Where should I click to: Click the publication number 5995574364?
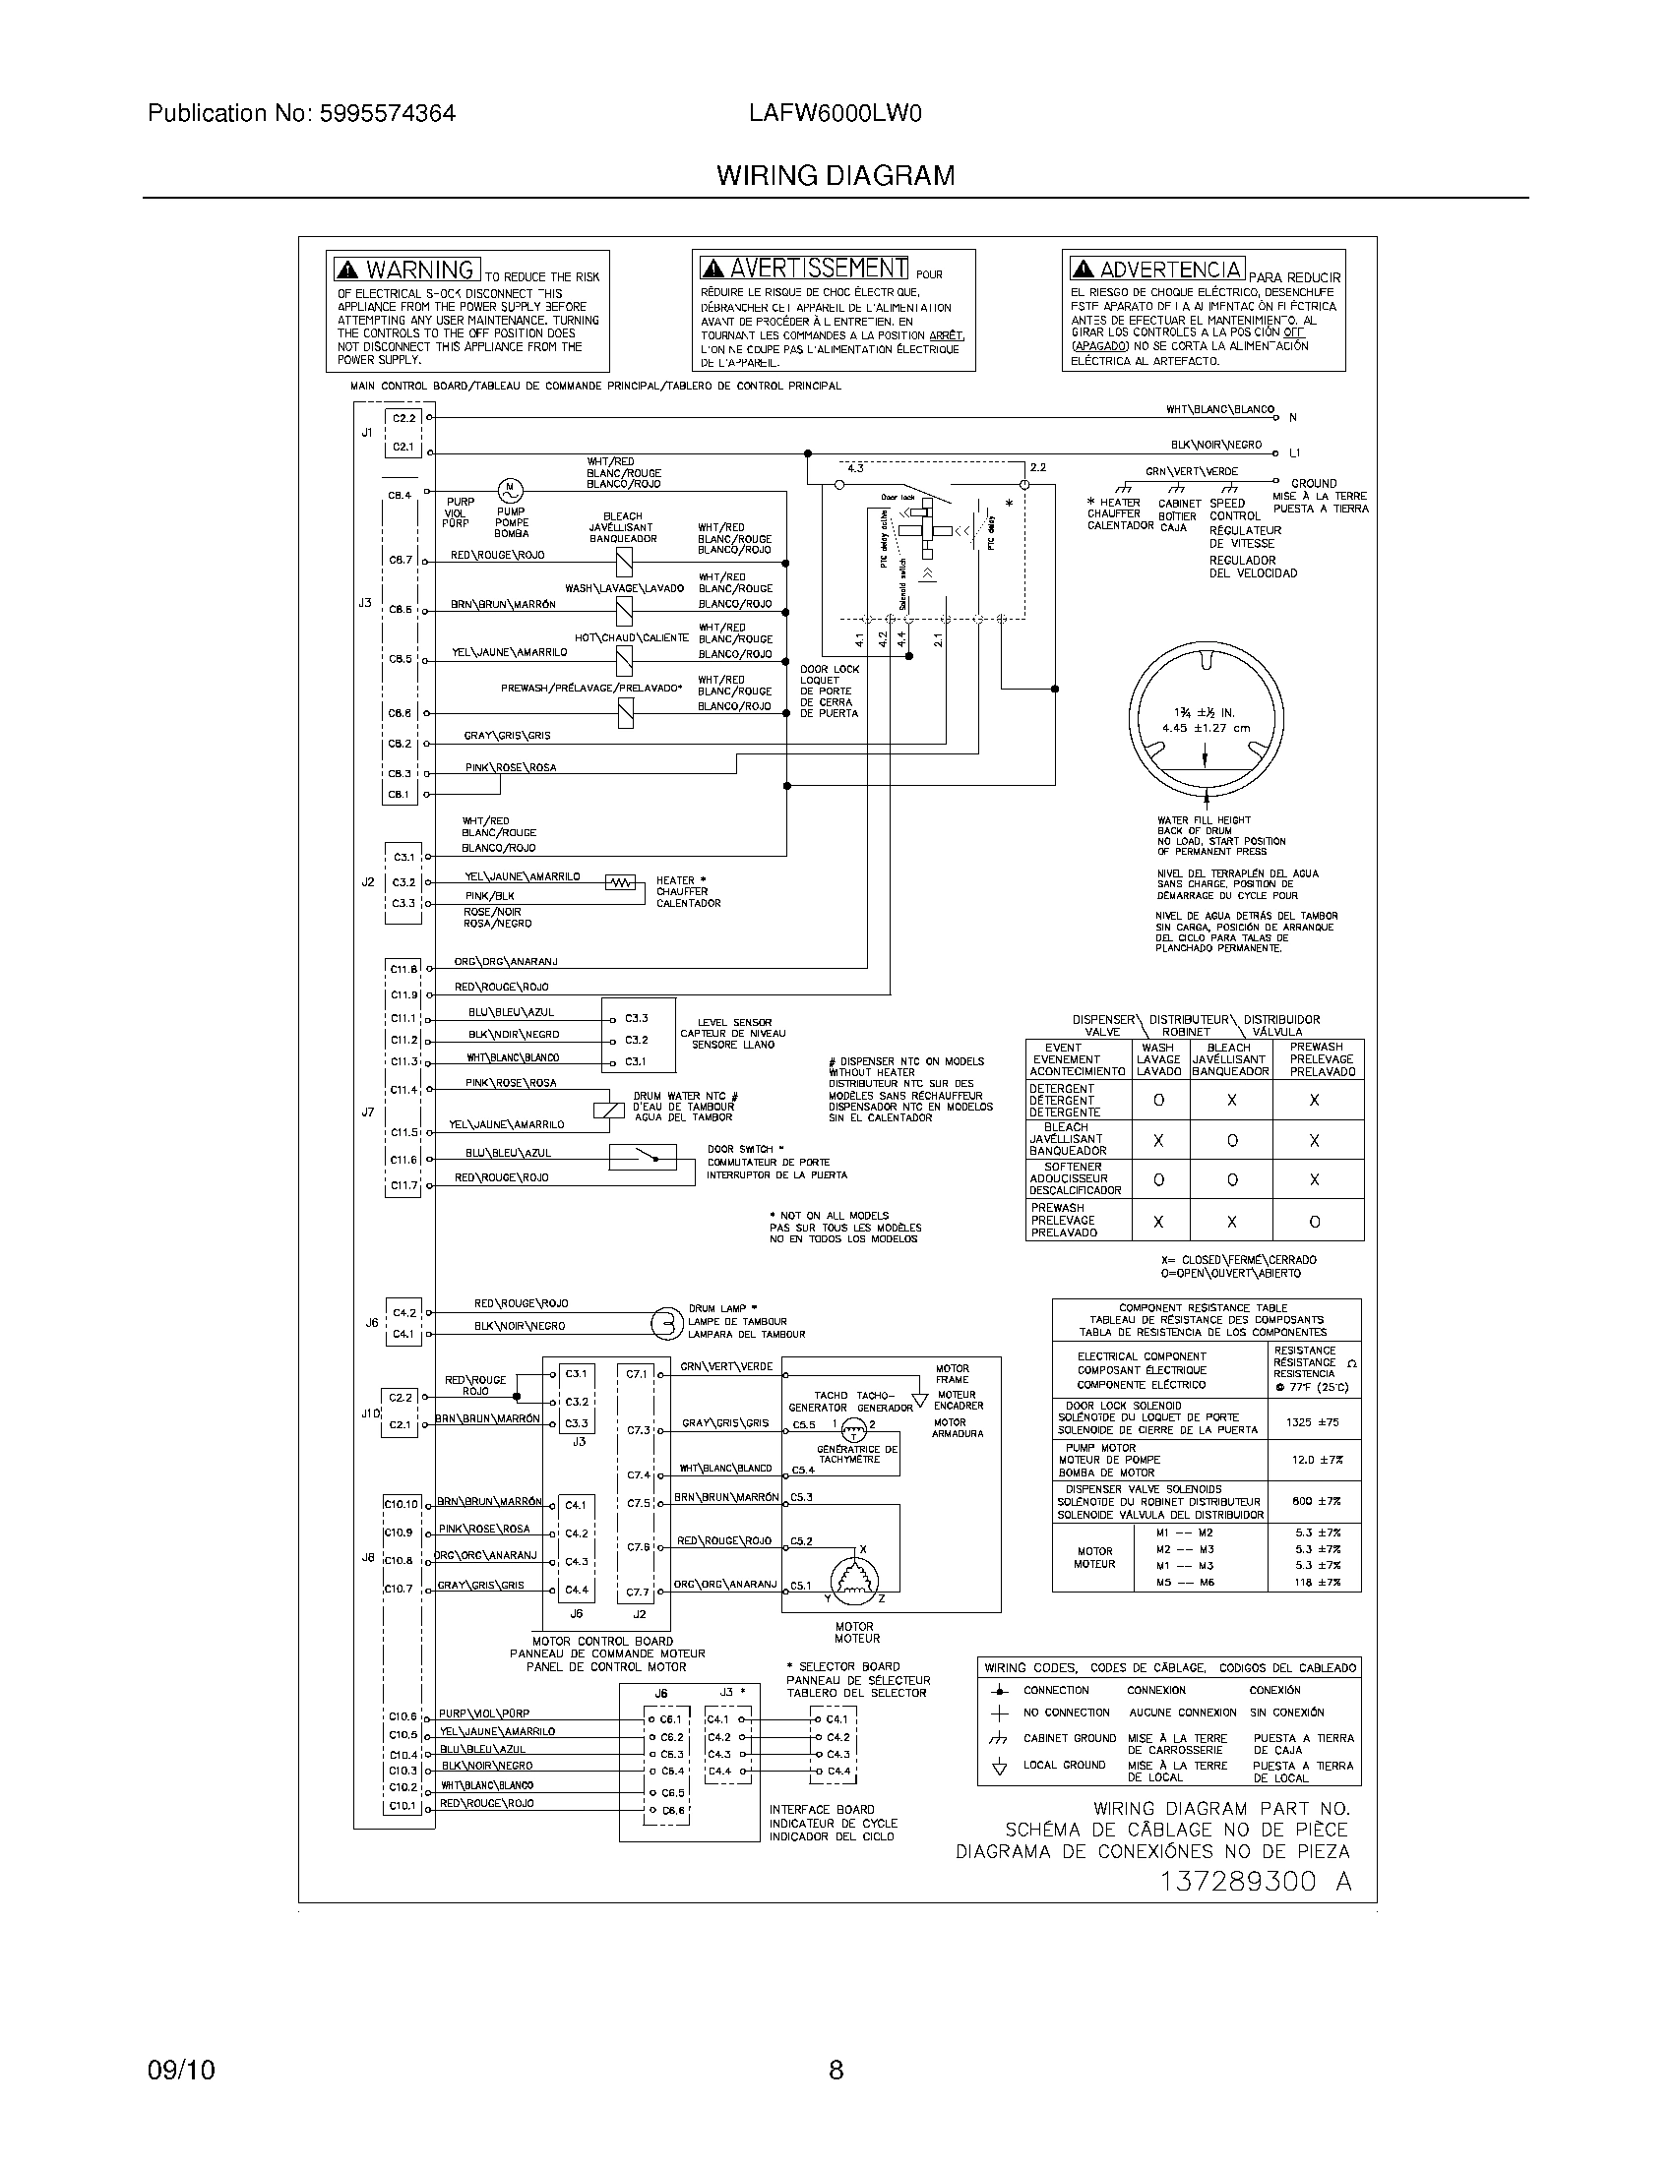(387, 114)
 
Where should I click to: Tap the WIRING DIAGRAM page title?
(836, 176)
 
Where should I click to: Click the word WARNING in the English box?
(419, 270)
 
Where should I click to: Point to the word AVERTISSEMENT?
(818, 269)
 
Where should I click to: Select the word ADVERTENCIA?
(1169, 270)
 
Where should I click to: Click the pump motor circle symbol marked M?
(510, 489)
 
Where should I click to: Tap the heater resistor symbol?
(620, 883)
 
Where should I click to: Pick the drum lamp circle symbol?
(666, 1323)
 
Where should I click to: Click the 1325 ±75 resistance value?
(1312, 1422)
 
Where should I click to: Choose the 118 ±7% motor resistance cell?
(1316, 1583)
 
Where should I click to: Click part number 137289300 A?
(1255, 1883)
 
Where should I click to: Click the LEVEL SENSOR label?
(733, 1023)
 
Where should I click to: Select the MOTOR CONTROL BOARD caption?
(602, 1642)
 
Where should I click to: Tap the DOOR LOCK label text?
(830, 669)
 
